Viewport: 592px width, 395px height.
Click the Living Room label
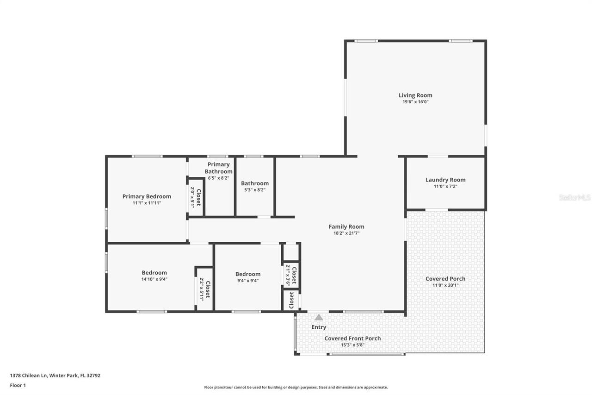pos(415,95)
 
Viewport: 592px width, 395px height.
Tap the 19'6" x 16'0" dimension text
pos(415,102)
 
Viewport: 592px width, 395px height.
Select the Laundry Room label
pos(445,180)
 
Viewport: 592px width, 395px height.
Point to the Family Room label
pos(346,226)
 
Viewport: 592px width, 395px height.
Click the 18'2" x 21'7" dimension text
pos(346,233)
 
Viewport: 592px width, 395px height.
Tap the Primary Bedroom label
pos(147,196)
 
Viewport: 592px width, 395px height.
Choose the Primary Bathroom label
pos(219,168)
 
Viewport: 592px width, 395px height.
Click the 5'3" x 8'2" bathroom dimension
pos(255,190)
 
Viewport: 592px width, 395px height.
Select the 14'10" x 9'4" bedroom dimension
pos(154,279)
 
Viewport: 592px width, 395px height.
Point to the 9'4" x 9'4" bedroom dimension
pos(248,280)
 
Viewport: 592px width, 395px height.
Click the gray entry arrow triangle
pos(319,317)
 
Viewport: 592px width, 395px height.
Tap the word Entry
pos(319,327)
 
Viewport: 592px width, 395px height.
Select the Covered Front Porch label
pos(352,339)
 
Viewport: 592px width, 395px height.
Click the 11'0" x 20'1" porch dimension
pos(445,285)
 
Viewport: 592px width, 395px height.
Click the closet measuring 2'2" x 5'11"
pos(205,290)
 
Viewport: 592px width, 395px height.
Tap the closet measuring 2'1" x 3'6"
pos(291,276)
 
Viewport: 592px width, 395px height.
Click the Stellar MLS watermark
pos(574,197)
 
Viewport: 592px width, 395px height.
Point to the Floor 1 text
pos(18,385)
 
